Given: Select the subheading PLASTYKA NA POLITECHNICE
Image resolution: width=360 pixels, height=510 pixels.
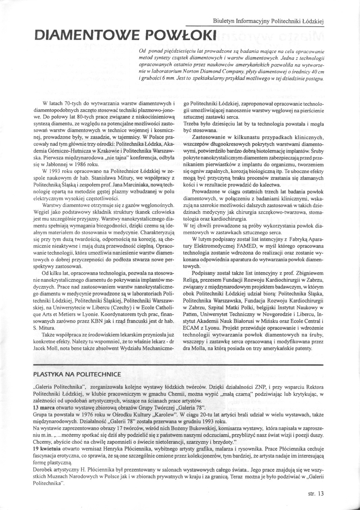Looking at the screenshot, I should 77,374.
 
